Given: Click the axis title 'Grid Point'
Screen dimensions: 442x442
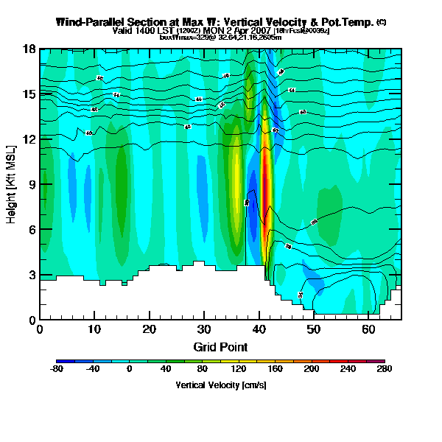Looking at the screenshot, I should tap(220, 346).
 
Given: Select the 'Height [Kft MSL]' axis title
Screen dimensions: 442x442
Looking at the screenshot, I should tap(13, 184).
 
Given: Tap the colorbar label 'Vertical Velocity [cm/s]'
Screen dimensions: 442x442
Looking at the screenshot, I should tap(220, 385).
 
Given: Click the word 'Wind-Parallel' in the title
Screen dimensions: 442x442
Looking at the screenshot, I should tap(86, 22).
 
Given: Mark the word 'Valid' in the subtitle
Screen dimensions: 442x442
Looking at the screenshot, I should tap(121, 30).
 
